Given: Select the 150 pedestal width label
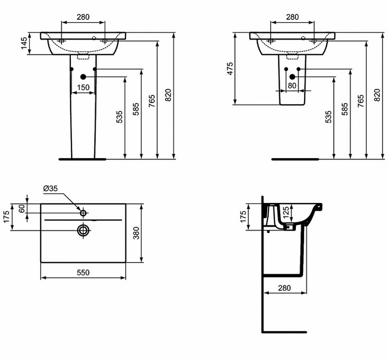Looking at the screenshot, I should click(83, 87).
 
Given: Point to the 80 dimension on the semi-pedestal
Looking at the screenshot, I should click(292, 86).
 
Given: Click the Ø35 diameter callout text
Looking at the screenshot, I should click(50, 188).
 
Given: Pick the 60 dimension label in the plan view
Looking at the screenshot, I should click(21, 208).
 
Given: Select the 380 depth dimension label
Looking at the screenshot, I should click(136, 233).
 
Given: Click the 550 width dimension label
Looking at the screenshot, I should click(83, 272).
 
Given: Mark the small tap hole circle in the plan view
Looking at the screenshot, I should click(83, 213).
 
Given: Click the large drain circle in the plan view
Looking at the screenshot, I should click(83, 230).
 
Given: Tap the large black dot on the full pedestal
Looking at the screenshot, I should click(82, 76).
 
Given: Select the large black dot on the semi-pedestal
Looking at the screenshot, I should click(292, 76).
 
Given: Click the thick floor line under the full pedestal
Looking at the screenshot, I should click(82, 158).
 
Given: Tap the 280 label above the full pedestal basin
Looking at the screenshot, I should click(83, 17).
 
